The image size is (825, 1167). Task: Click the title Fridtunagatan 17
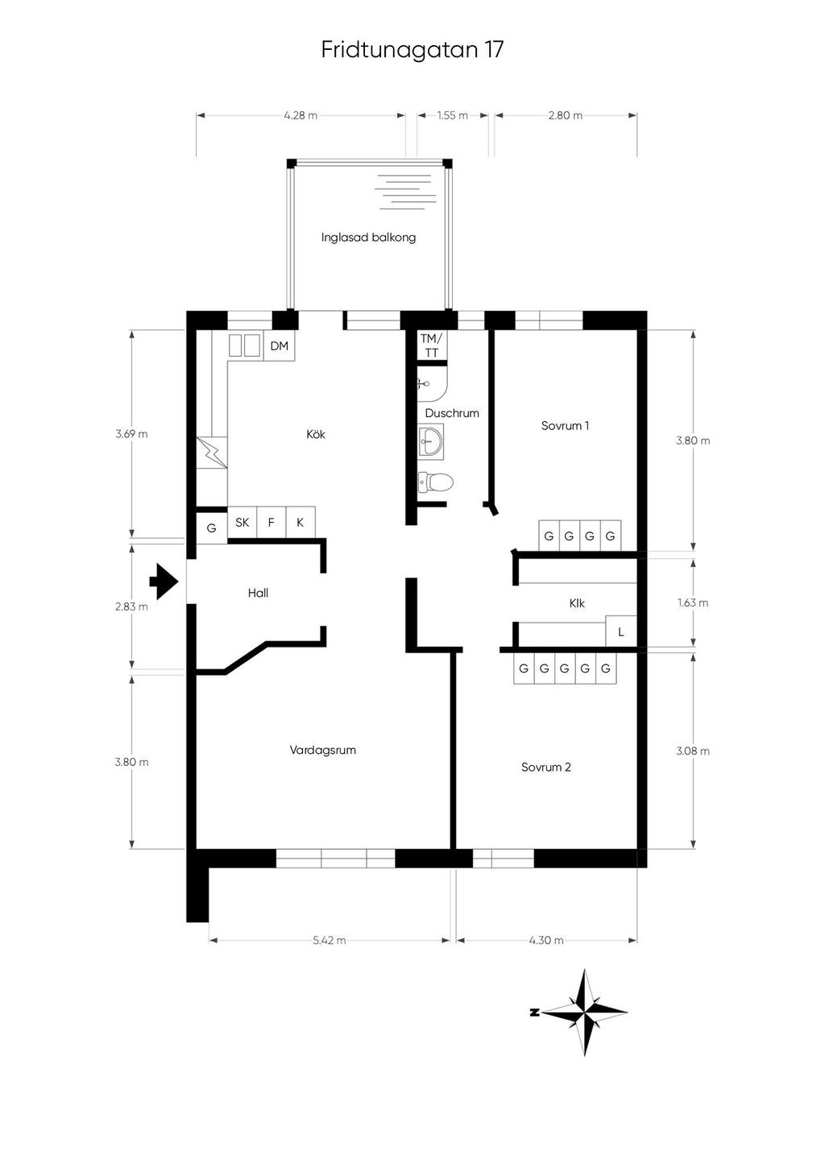click(x=412, y=50)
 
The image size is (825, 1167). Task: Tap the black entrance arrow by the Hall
click(x=164, y=581)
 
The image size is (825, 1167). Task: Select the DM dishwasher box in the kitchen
click(x=280, y=346)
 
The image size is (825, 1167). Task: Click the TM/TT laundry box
click(x=432, y=346)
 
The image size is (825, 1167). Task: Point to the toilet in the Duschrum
click(x=435, y=482)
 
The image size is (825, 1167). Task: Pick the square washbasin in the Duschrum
click(x=431, y=441)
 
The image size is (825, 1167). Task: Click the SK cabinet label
click(x=243, y=522)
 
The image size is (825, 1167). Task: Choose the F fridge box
click(x=271, y=522)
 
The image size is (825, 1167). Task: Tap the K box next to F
click(x=301, y=522)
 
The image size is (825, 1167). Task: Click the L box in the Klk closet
click(x=621, y=631)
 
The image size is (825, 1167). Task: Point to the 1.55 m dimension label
click(x=452, y=115)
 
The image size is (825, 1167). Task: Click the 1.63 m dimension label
click(x=693, y=602)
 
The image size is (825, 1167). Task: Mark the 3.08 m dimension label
click(x=693, y=751)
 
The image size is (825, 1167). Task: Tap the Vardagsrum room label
click(x=322, y=751)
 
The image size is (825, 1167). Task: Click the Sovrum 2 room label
click(x=546, y=767)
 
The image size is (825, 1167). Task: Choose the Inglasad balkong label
click(x=368, y=238)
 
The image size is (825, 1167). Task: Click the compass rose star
click(x=584, y=1012)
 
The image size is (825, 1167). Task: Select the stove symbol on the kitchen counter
click(x=212, y=452)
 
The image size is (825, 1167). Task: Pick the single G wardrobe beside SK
click(x=212, y=528)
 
